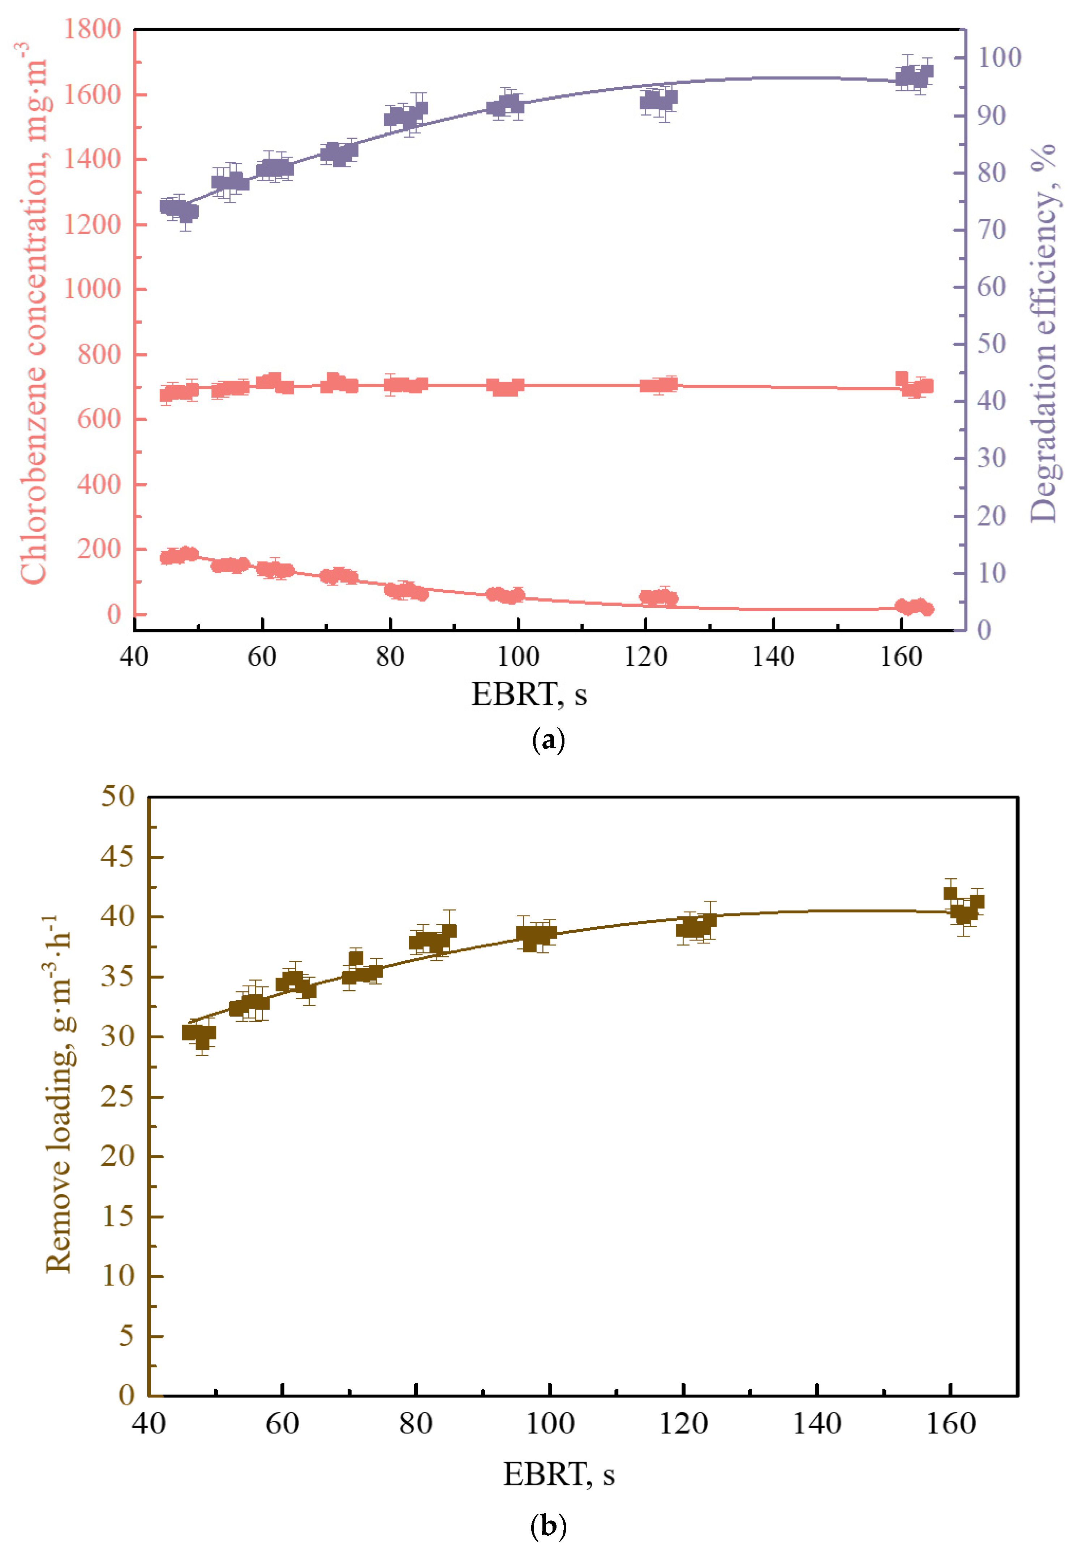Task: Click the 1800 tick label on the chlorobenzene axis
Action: [x=92, y=30]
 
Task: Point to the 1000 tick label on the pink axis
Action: [x=92, y=289]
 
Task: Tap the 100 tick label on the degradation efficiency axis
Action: [x=998, y=58]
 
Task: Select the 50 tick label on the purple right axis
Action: [x=991, y=344]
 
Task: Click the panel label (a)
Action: [x=548, y=740]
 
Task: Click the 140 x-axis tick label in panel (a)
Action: [x=773, y=657]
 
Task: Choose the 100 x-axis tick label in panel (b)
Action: [x=549, y=1424]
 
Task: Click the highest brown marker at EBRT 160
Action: [x=950, y=893]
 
